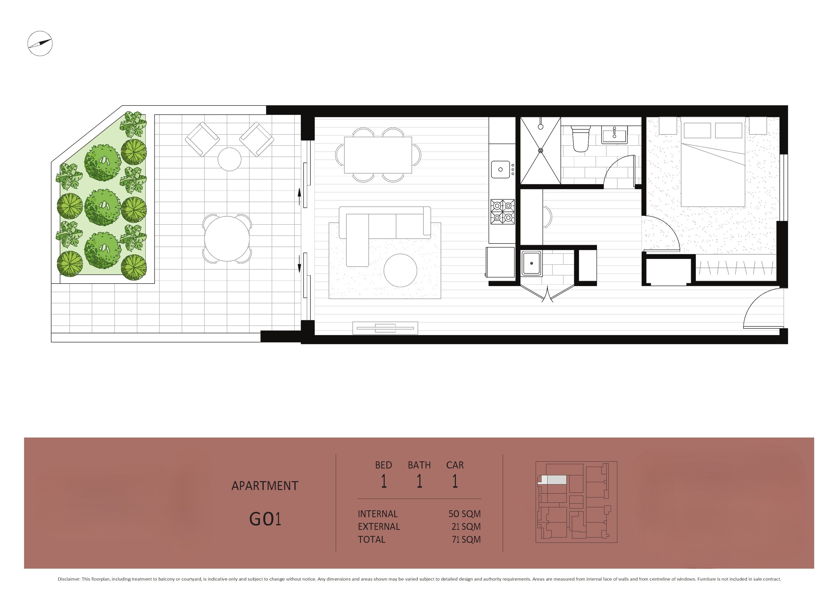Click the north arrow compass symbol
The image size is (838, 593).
[40, 43]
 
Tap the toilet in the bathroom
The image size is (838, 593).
[580, 139]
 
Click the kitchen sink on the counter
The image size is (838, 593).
[500, 169]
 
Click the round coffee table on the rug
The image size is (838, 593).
[400, 270]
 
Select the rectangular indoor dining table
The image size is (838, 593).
[378, 155]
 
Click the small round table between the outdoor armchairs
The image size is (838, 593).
[230, 159]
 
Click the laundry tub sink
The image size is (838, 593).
[531, 263]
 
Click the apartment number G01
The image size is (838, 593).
[265, 519]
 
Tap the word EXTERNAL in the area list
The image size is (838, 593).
[379, 527]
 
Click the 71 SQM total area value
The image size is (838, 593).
[466, 539]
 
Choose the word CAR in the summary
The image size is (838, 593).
[455, 465]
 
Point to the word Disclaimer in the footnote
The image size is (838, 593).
[69, 579]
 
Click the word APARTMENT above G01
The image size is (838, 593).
[265, 486]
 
